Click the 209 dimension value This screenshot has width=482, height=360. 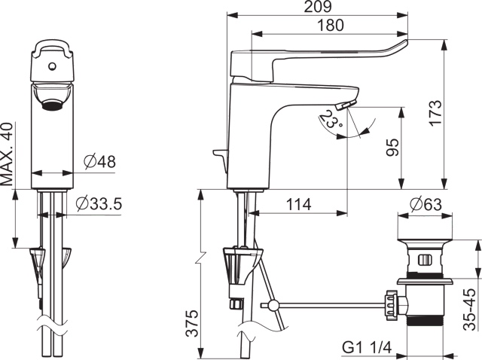pos(318,7)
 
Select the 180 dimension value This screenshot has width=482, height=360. pos(331,25)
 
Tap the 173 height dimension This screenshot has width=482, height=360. pos(435,113)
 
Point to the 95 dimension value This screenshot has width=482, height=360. pos(392,148)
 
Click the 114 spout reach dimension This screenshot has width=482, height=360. pos(299,204)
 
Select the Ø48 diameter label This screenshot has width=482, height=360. pos(100,161)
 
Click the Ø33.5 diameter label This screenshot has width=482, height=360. pos(99,203)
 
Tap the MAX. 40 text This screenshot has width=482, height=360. pos(7,154)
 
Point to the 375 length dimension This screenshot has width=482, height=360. pos(193,323)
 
